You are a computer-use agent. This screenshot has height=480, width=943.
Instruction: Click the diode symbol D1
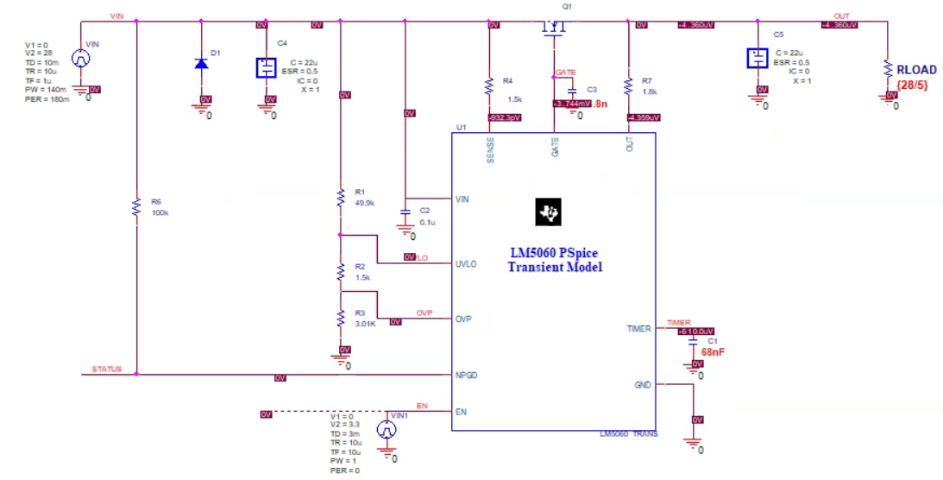pyautogui.click(x=201, y=63)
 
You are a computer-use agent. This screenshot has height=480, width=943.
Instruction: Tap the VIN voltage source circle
pyautogui.click(x=80, y=59)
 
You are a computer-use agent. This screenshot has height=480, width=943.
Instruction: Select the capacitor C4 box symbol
pyautogui.click(x=267, y=67)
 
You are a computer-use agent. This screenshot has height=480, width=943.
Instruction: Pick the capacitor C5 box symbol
pyautogui.click(x=757, y=58)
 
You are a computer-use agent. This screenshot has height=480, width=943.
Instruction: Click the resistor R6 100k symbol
pyautogui.click(x=135, y=206)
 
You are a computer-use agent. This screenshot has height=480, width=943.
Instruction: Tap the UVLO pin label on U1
pyautogui.click(x=465, y=263)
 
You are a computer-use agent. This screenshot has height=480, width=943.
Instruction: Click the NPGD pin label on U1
pyautogui.click(x=466, y=376)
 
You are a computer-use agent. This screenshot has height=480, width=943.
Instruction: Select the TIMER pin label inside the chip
pyautogui.click(x=638, y=328)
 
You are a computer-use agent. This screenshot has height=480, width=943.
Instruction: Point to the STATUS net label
pyautogui.click(x=106, y=369)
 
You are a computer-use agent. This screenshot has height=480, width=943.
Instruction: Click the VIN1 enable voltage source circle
pyautogui.click(x=388, y=429)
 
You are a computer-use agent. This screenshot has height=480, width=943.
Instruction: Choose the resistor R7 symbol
pyautogui.click(x=628, y=86)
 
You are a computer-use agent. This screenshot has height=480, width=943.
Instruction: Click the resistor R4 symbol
pyautogui.click(x=489, y=86)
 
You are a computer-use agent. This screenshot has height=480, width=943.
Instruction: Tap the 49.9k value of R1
pyautogui.click(x=365, y=202)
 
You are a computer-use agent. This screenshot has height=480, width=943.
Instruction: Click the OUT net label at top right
pyautogui.click(x=841, y=16)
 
